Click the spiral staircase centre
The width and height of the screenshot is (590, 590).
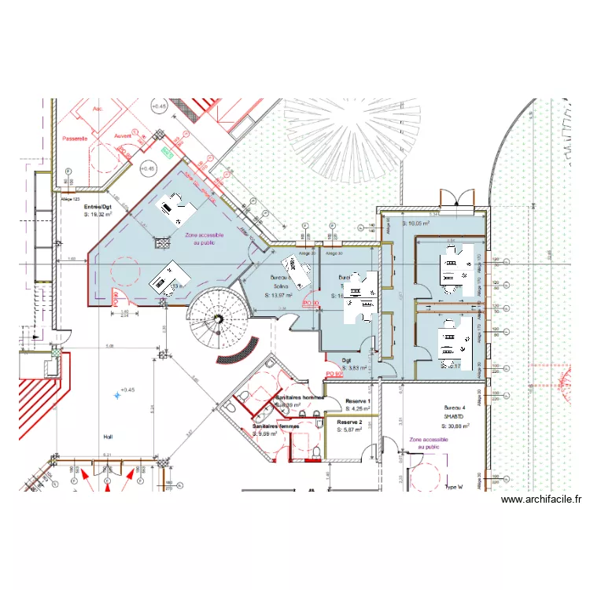tap(216, 318)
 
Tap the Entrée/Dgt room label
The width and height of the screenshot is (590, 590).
tap(98, 205)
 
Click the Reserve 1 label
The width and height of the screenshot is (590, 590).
tap(358, 401)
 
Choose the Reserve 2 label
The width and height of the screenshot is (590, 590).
tap(348, 422)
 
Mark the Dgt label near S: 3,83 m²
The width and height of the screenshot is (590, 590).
tap(346, 361)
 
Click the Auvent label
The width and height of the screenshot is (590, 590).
tap(124, 135)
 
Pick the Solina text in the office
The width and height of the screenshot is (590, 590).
tap(281, 286)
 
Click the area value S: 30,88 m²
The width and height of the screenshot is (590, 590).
tap(455, 426)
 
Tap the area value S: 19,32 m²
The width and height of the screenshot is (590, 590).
tap(98, 213)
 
